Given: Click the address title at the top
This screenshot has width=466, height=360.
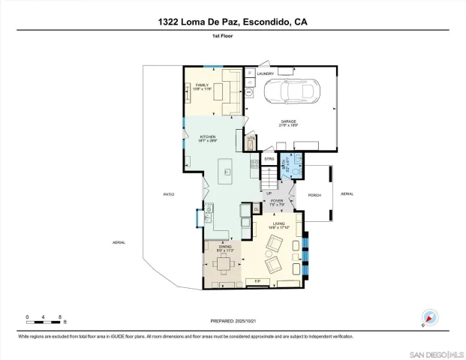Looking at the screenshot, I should [233, 22].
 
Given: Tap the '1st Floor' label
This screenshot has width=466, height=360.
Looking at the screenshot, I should [233, 35].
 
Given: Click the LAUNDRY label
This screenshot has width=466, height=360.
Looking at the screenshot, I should [265, 73].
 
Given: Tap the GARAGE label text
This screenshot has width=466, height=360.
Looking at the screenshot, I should [289, 122].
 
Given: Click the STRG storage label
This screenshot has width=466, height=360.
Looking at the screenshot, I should [269, 159].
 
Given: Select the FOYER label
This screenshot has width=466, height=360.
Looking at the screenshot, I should [277, 202].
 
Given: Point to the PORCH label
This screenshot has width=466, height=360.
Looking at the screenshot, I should [314, 194].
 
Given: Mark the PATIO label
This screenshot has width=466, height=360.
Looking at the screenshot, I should [169, 194].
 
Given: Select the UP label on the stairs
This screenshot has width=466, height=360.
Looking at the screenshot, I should [269, 193].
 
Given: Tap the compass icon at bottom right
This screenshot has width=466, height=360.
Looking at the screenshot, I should [428, 318].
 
